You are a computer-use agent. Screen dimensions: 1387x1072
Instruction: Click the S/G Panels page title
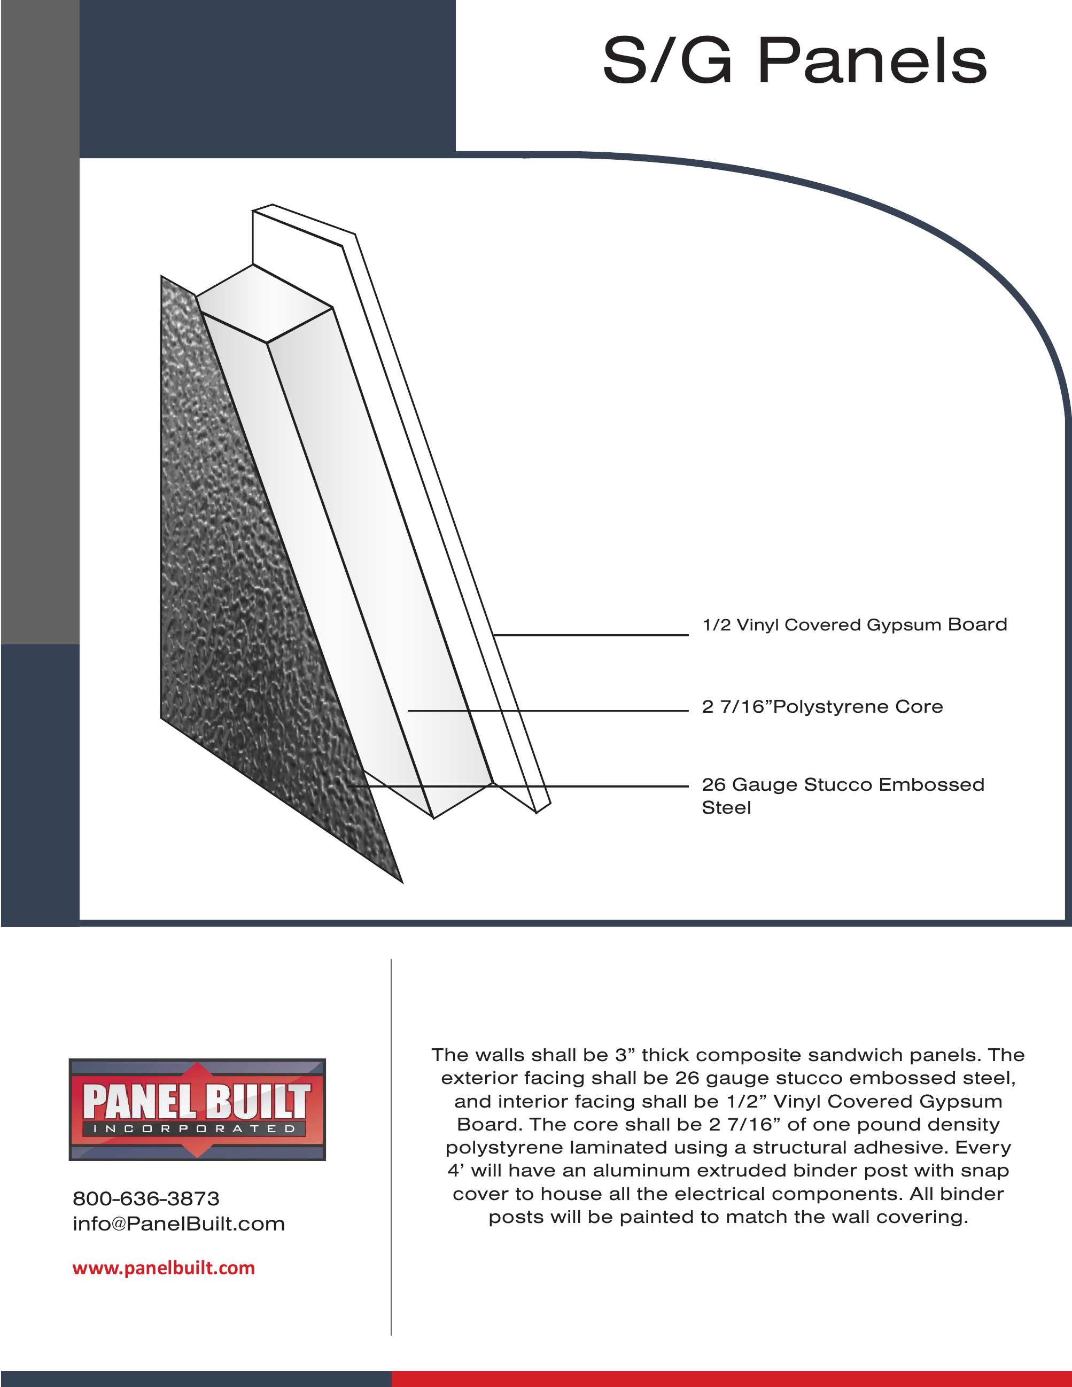click(x=794, y=61)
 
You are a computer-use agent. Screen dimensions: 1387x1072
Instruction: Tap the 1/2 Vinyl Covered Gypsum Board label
click(x=854, y=625)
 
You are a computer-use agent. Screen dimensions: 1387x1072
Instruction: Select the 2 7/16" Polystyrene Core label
click(x=822, y=707)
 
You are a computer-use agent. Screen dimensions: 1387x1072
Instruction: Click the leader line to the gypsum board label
click(x=591, y=634)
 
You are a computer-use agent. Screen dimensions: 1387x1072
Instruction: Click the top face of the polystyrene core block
click(x=263, y=303)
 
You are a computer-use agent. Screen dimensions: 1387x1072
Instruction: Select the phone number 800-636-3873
click(x=146, y=1199)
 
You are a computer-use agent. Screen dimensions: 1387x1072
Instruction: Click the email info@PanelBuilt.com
click(x=178, y=1224)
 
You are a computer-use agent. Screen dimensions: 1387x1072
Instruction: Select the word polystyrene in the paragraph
click(x=503, y=1148)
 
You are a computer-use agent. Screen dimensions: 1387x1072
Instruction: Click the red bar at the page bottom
click(x=731, y=1379)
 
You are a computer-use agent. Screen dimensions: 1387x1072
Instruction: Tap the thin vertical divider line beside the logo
click(x=391, y=1143)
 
